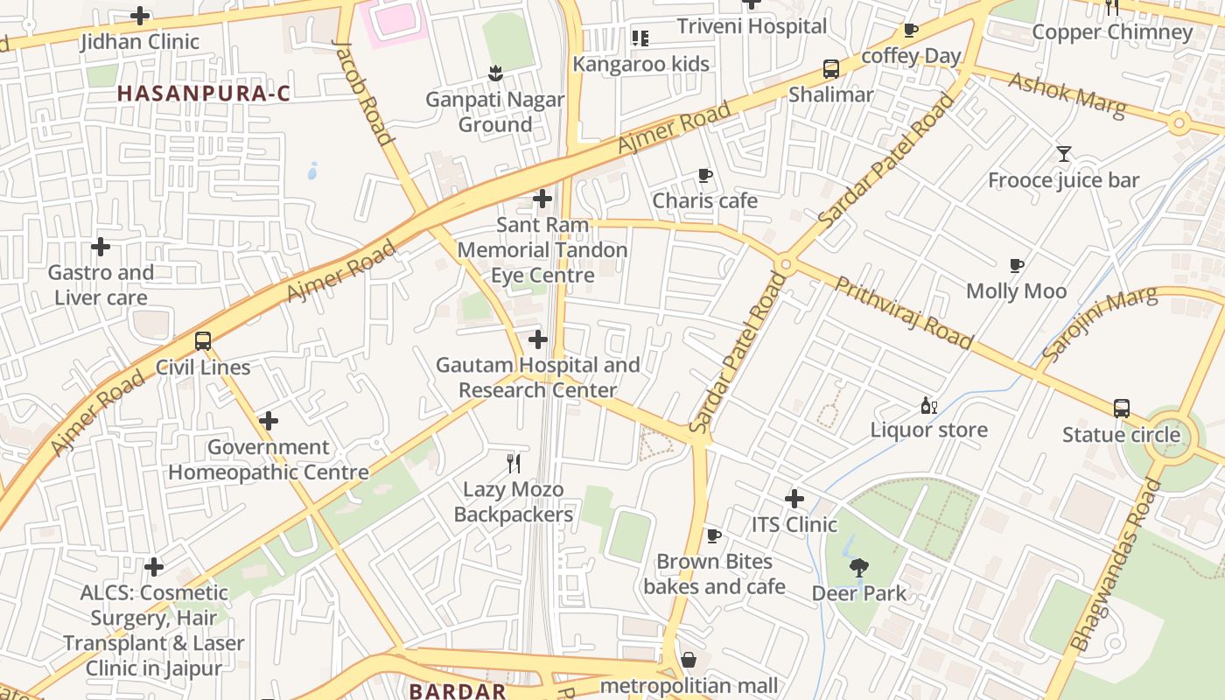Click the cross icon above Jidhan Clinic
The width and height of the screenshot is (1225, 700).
[140, 16]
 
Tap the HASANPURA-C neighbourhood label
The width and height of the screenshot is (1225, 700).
[204, 93]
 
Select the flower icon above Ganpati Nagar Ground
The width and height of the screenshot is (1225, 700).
[495, 73]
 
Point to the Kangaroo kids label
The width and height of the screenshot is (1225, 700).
[640, 64]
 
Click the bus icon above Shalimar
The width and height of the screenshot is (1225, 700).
[830, 69]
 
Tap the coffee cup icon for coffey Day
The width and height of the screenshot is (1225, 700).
[911, 31]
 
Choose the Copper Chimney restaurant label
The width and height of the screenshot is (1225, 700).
[1112, 32]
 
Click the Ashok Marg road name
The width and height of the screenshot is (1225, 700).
[1066, 90]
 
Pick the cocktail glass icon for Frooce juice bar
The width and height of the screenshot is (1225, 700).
[1063, 154]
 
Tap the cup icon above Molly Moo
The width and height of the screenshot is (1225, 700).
[1016, 265]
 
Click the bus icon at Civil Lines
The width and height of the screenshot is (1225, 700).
[203, 341]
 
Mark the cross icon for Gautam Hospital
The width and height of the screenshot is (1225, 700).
[538, 339]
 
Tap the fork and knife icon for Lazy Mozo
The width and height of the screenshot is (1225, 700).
[514, 464]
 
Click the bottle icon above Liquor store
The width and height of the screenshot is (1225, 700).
[928, 405]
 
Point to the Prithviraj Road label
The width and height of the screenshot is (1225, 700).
[903, 312]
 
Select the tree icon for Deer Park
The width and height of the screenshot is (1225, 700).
[859, 568]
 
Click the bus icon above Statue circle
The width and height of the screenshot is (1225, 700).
[1121, 409]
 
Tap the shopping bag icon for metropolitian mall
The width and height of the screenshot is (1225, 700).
[689, 660]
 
